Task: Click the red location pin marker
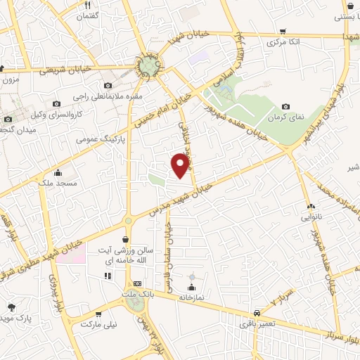(x=181, y=165)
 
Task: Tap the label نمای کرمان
(x=288, y=117)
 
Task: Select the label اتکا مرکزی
(x=283, y=44)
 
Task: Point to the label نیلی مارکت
(x=98, y=324)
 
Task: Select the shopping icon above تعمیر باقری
(x=253, y=314)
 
